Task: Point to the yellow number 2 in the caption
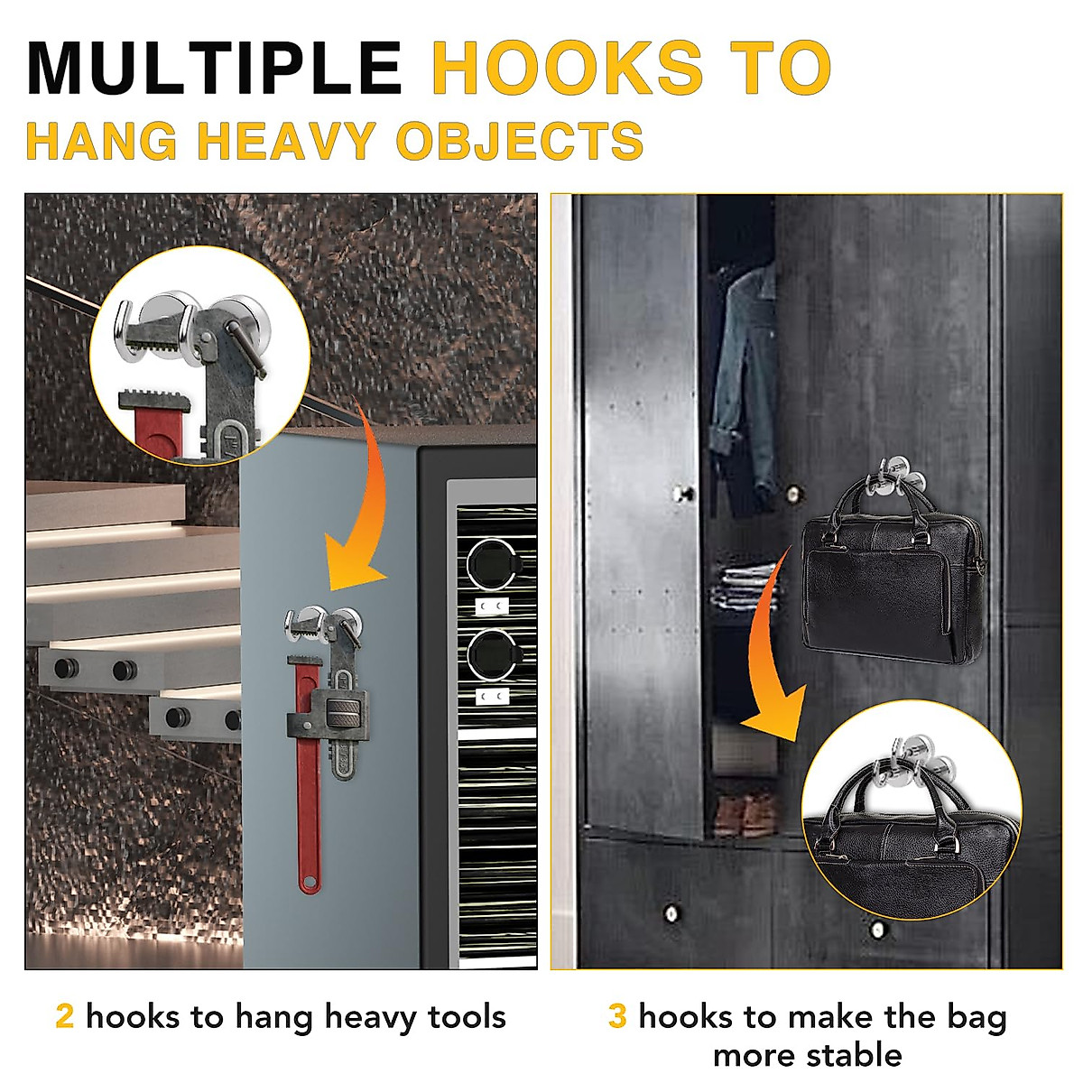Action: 64,1016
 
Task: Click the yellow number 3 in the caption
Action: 617,1016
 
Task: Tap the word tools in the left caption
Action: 467,1017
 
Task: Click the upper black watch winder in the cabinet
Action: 490,561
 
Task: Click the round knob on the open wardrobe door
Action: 683,494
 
